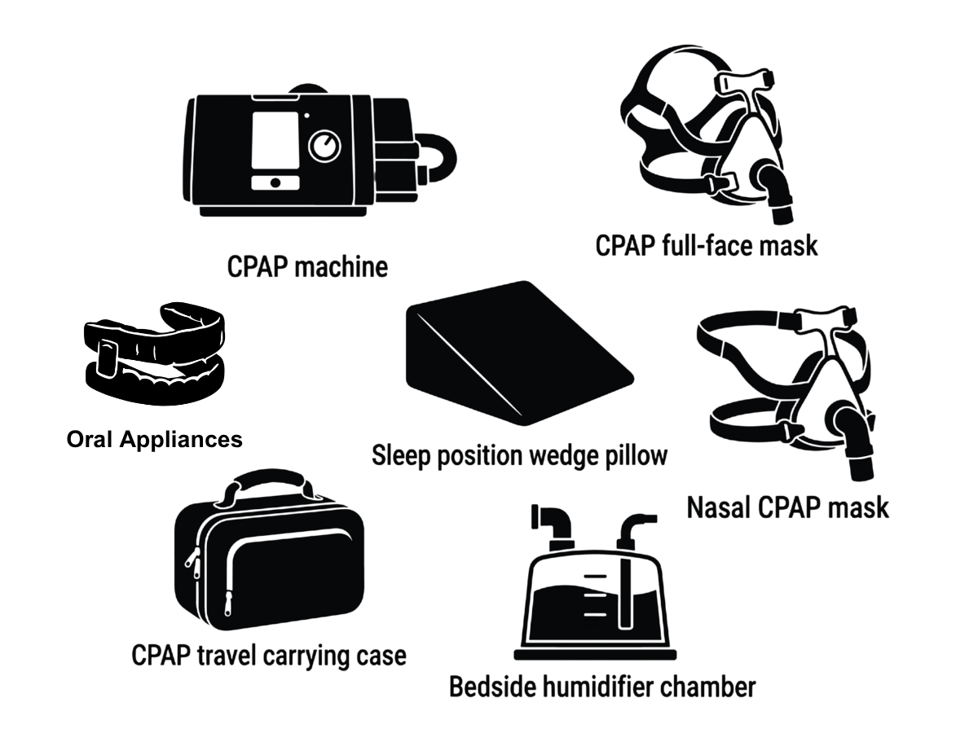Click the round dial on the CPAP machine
325,146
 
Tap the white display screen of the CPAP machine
275,140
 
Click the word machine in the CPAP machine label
341,267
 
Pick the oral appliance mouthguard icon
155,353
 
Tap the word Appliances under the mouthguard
181,440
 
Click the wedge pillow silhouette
519,353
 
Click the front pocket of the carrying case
295,574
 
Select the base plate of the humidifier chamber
595,654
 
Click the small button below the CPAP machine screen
275,182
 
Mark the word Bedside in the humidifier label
492,687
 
